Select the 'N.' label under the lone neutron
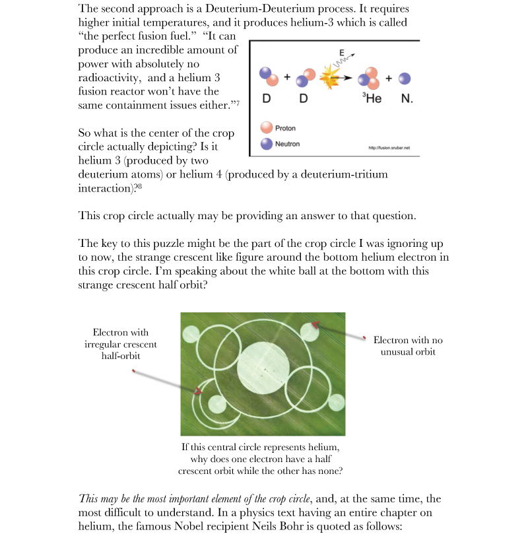click(407, 100)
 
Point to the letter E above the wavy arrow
click(341, 52)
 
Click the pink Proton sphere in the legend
click(267, 128)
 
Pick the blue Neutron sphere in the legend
click(267, 143)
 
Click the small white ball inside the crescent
click(217, 403)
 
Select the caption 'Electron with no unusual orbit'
click(408, 346)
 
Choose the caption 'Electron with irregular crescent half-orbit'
click(121, 344)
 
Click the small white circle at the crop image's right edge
click(337, 403)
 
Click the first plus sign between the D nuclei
click(287, 77)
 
